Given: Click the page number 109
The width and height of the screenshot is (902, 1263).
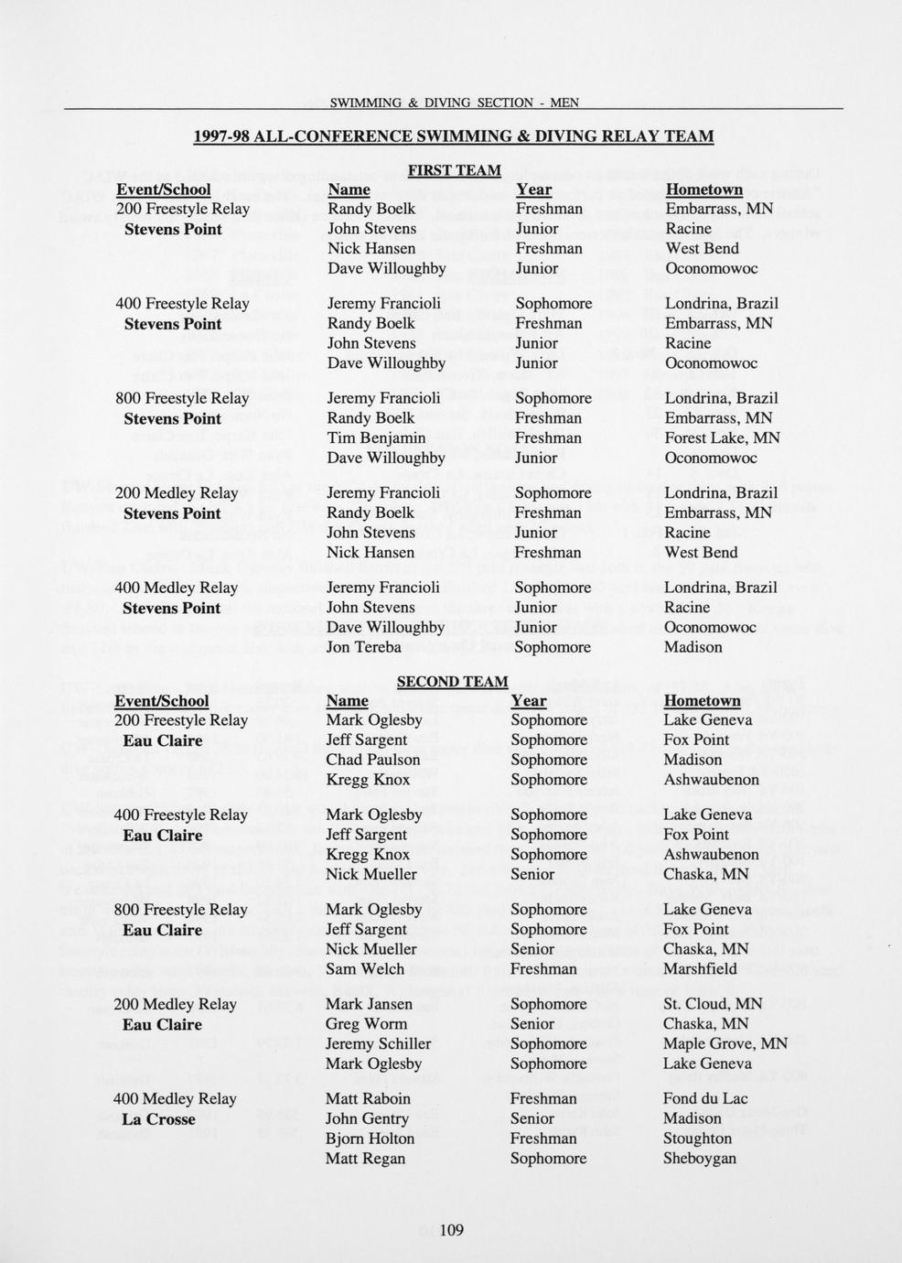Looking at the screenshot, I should click(x=452, y=1229).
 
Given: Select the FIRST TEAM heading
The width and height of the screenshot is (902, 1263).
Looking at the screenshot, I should click(x=454, y=170).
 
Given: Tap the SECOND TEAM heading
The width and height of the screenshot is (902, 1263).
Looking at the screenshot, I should click(x=452, y=682).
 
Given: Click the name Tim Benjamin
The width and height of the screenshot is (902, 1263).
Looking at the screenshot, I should click(x=376, y=437).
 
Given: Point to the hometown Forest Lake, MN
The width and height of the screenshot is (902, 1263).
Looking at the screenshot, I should click(x=722, y=437).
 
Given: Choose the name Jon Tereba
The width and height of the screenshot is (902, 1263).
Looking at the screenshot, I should click(x=364, y=647).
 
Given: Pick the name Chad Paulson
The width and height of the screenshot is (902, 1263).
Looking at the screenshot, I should click(x=372, y=760).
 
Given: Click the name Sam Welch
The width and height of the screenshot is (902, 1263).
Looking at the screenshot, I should click(x=364, y=968).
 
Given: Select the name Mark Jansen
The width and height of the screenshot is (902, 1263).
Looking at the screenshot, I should click(x=369, y=1004).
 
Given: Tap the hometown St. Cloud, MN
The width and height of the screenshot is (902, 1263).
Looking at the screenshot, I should click(x=713, y=1004).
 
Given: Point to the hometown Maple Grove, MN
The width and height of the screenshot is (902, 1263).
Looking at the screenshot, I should click(x=725, y=1043).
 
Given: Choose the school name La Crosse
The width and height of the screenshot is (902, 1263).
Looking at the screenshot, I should click(x=158, y=1119).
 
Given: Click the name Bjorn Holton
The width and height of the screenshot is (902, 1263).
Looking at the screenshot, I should click(x=370, y=1139).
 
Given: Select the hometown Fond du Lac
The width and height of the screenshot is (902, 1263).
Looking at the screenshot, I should click(x=704, y=1098).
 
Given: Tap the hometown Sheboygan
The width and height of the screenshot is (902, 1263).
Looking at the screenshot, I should click(x=699, y=1158).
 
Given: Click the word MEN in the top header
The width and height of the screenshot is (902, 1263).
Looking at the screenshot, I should click(x=564, y=103).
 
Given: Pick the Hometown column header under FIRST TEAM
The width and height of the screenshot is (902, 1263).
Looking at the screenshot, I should click(x=703, y=189).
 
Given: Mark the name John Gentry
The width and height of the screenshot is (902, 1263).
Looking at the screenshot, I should click(x=367, y=1118).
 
